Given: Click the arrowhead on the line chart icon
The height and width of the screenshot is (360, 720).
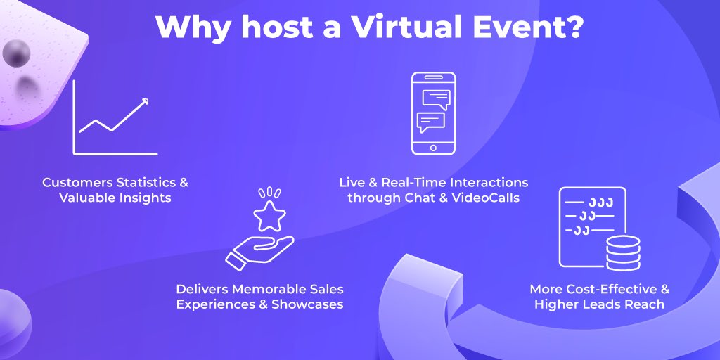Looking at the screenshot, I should tap(144, 103).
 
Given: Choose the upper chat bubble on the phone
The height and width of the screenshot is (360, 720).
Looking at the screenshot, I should tap(435, 99).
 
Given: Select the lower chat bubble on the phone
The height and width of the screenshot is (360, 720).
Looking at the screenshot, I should tap(430, 122).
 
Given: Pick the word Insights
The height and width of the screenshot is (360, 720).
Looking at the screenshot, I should tap(146, 198).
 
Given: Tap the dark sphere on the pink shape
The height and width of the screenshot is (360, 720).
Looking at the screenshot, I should tap(16, 51).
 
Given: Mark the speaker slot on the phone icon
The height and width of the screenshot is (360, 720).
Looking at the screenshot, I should tap(433, 77).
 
